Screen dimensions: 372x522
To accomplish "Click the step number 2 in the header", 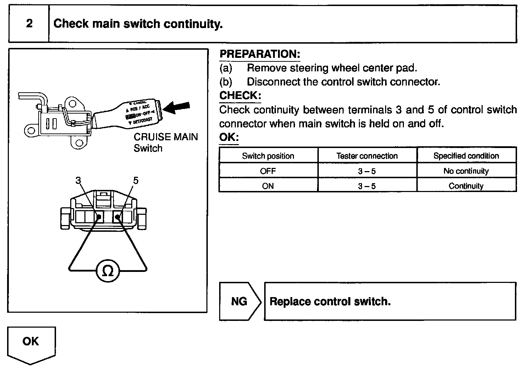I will click(x=29, y=24).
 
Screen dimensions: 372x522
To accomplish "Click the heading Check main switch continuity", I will click(x=138, y=24).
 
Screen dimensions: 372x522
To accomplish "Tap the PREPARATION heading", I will click(x=260, y=54).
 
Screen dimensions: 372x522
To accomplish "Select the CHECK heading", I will click(x=240, y=95).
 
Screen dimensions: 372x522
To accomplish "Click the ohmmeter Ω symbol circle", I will click(x=108, y=272).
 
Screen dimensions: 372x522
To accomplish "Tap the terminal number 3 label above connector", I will click(x=78, y=181).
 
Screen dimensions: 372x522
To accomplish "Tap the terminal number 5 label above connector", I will click(x=135, y=181).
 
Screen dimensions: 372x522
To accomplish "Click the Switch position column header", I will click(x=268, y=156).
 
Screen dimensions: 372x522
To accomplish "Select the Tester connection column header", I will click(x=367, y=156).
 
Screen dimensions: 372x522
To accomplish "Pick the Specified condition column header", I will click(x=466, y=156).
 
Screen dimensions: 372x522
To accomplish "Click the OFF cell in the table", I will click(x=268, y=171).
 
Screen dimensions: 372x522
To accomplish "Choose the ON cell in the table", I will click(x=268, y=186).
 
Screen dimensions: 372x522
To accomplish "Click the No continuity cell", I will click(x=466, y=171).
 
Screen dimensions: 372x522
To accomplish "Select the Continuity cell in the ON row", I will click(x=466, y=186).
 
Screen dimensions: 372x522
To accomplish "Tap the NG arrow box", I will click(x=239, y=301).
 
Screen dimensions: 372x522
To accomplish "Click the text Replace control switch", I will click(x=330, y=302).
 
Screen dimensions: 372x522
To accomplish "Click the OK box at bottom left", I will click(x=31, y=341).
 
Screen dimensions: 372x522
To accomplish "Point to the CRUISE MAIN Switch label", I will click(x=165, y=142).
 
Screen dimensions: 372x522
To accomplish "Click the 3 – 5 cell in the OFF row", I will click(x=367, y=171).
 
